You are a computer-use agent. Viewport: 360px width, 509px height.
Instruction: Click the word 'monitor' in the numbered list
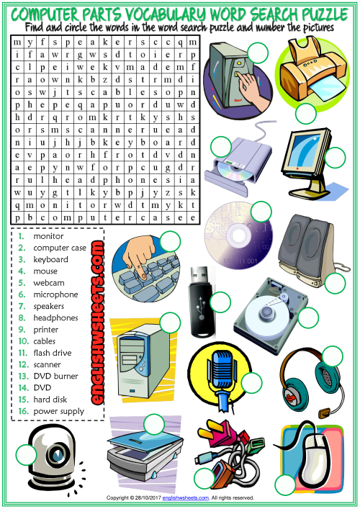pos(48,236)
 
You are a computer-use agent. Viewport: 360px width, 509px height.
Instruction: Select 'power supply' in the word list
pos(59,411)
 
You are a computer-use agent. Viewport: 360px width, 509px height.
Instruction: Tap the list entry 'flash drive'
pos(53,353)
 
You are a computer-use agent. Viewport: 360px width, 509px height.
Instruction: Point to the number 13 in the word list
pos(24,377)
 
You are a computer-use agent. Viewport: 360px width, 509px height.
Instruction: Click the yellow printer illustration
pos(312,71)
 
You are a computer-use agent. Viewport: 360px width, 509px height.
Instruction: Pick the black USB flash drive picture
pos(202,301)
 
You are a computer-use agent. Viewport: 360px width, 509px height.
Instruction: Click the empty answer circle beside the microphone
pos(251,383)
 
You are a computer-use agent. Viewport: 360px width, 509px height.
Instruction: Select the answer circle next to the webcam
pos(27,454)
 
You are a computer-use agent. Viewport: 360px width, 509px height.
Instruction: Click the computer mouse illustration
pos(311,454)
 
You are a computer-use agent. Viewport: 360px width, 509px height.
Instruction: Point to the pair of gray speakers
pos(308,247)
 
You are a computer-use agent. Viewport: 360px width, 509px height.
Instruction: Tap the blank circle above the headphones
pos(333,356)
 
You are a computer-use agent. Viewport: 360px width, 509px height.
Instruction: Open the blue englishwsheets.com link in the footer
pos(185,497)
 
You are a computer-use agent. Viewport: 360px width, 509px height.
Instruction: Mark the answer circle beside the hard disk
pos(307,317)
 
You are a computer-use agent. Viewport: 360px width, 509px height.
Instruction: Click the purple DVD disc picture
pos(238,235)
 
